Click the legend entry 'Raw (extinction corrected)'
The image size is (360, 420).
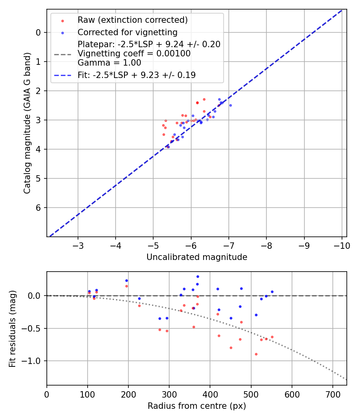tap(132, 20)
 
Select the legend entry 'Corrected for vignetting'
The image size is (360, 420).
tap(128, 32)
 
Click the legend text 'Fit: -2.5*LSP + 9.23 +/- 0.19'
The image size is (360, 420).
tap(136, 75)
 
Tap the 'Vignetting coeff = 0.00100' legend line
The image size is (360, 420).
tap(134, 54)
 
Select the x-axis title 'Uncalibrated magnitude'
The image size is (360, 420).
tap(196, 257)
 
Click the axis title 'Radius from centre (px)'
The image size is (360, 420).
tap(196, 406)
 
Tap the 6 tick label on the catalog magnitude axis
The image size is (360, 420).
tap(38, 208)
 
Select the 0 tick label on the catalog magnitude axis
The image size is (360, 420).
tap(38, 32)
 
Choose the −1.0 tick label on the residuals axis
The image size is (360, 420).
tap(33, 361)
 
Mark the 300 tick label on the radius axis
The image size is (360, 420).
tap(169, 394)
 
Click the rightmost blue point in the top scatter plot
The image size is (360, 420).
tap(230, 105)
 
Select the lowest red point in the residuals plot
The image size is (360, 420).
tap(256, 354)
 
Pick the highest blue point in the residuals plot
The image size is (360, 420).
tap(198, 276)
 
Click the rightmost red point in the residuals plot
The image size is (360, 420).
tap(272, 337)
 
